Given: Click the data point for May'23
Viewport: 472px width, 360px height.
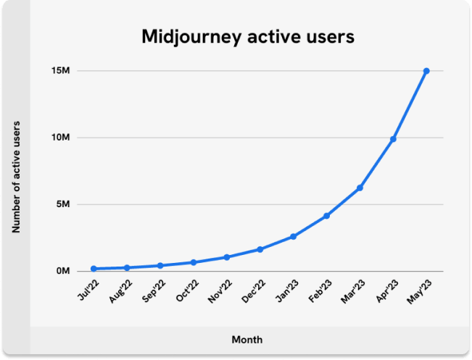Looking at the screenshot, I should click(426, 71).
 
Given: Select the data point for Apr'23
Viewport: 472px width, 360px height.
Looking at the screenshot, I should click(393, 139).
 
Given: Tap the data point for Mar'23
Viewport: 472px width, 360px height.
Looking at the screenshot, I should click(360, 188).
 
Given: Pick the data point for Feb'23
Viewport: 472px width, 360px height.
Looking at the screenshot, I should click(327, 216).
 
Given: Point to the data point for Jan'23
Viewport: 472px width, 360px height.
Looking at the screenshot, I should click(294, 236).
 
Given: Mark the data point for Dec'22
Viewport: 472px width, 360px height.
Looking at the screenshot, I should click(260, 249).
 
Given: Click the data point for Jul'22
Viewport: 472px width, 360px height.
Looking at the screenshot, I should click(94, 269).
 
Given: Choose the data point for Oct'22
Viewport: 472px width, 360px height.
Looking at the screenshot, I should click(194, 262).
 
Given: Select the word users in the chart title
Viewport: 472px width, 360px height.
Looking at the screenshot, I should click(330, 36).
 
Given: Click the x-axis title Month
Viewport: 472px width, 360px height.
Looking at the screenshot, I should click(247, 340).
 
